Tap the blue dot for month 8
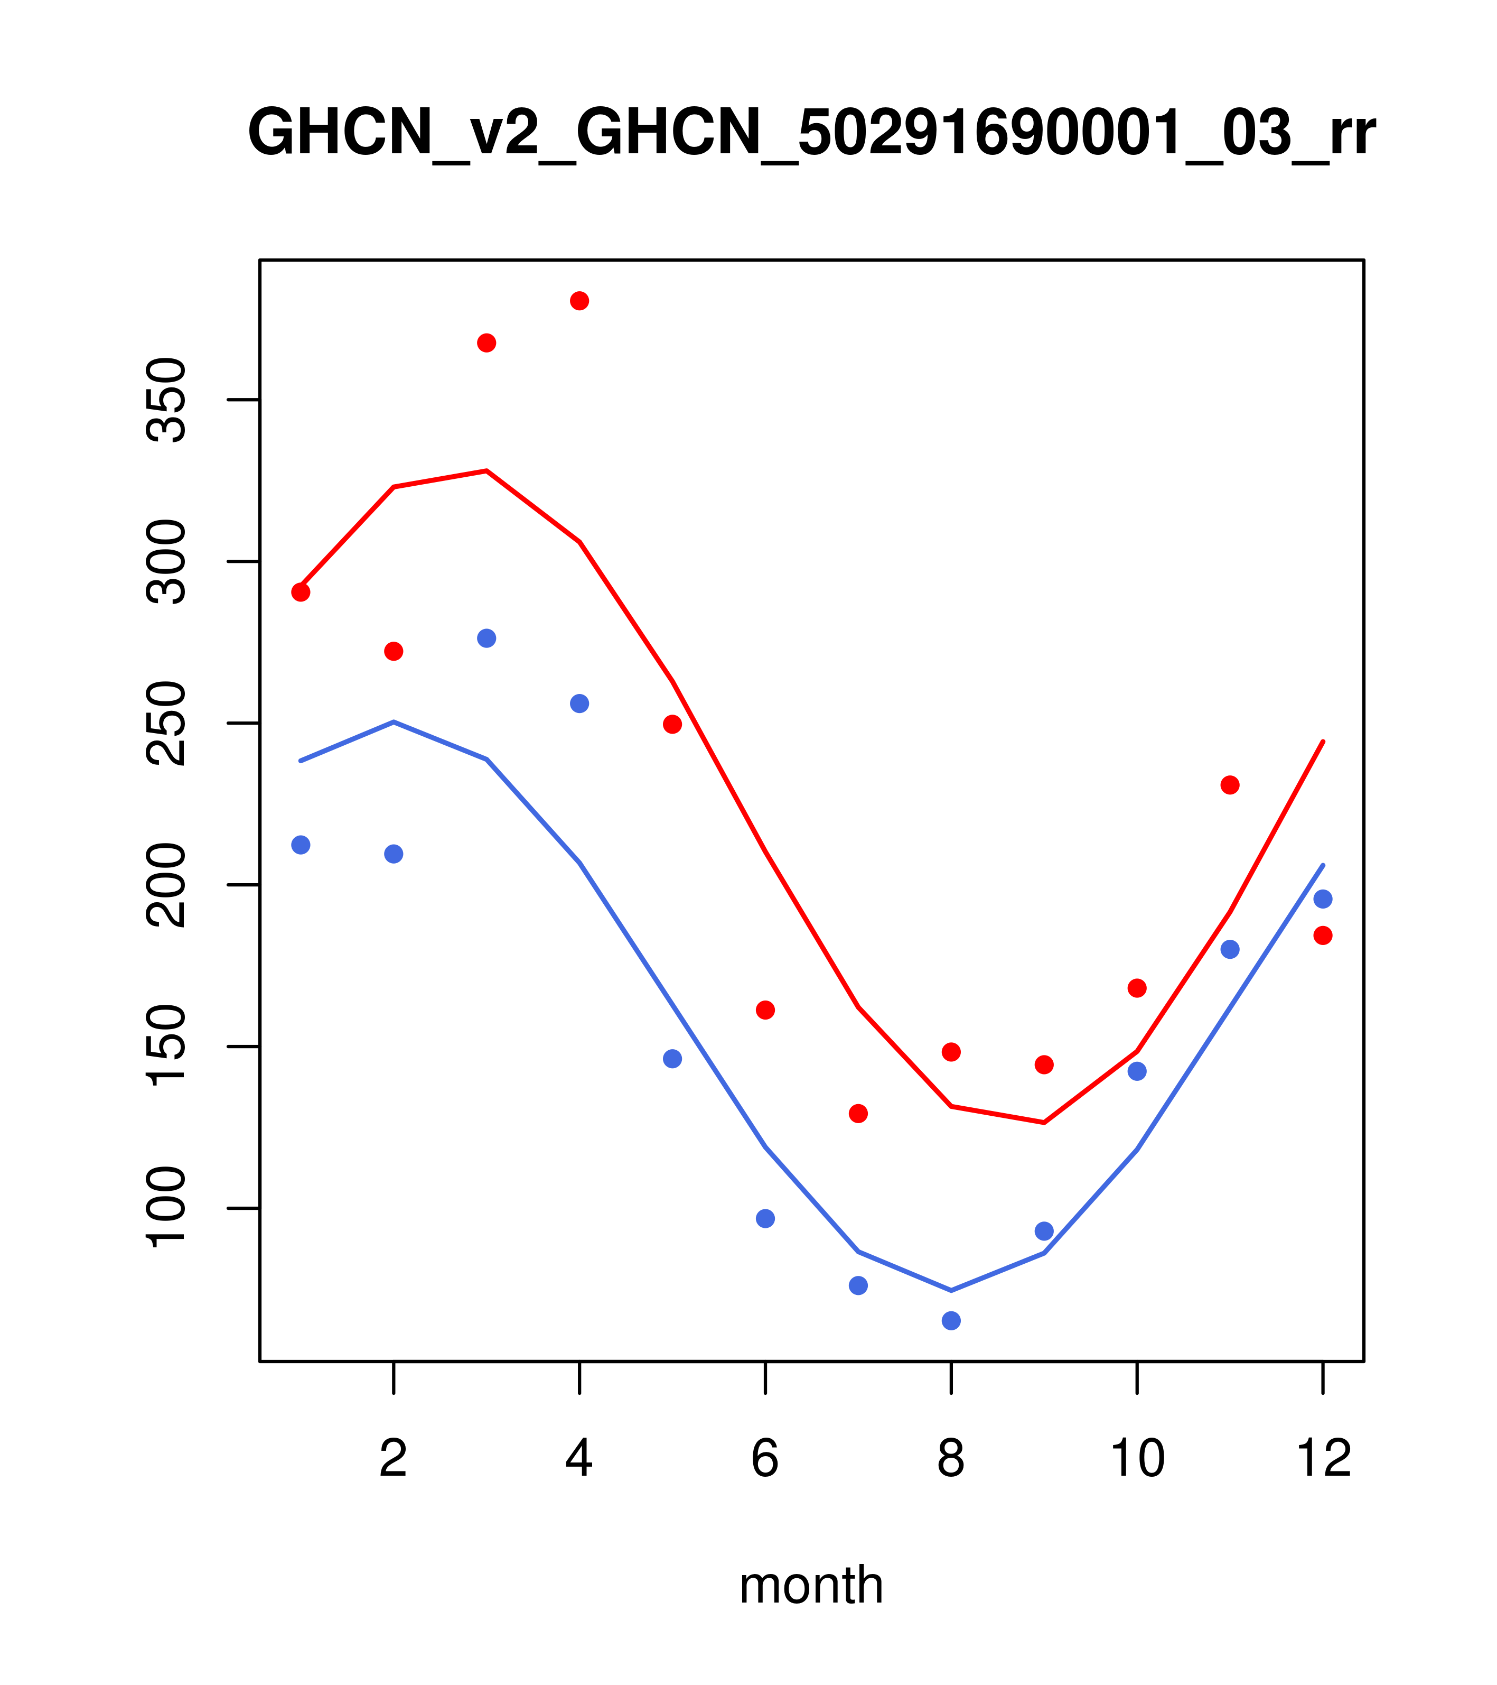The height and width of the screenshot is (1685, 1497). [x=951, y=1321]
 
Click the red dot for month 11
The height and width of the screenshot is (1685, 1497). [x=1230, y=785]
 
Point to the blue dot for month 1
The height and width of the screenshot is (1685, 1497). [x=301, y=845]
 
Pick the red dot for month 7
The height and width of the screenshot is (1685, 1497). [x=858, y=1114]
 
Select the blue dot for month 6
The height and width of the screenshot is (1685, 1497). [x=765, y=1218]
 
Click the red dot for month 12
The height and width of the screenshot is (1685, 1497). [x=1323, y=936]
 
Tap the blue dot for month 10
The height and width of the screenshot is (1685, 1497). [x=1137, y=1072]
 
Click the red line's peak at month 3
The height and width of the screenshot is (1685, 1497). [x=487, y=471]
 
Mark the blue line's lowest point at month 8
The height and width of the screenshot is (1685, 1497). [x=951, y=1290]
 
